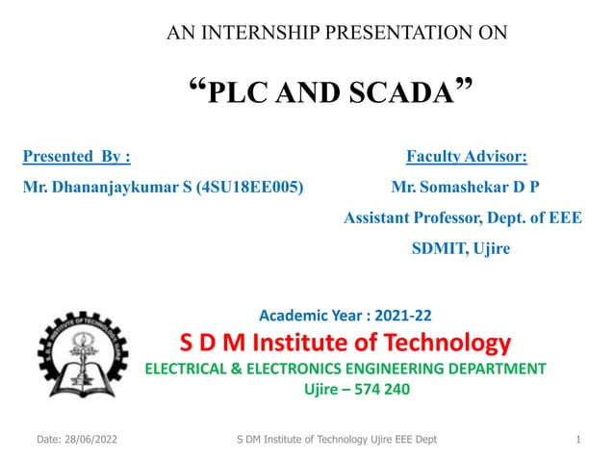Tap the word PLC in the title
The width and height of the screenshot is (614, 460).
[231, 93]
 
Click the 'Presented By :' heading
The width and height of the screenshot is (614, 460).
[76, 155]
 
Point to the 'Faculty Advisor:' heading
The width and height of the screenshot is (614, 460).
[467, 155]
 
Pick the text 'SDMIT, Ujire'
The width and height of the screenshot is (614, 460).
[461, 248]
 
